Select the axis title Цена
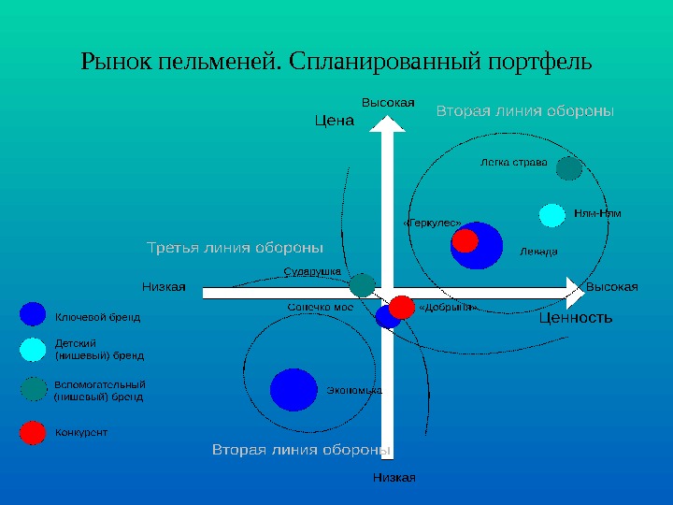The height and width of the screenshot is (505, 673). click(335, 120)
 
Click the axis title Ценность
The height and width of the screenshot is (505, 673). click(576, 318)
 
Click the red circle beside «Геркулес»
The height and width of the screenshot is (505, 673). click(464, 241)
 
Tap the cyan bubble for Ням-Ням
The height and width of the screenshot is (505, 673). click(552, 215)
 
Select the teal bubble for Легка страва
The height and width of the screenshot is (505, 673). click(569, 168)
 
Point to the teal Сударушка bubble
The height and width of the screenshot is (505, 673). click(362, 285)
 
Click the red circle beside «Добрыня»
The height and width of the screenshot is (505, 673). click(402, 307)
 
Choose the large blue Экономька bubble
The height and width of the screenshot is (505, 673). click(294, 390)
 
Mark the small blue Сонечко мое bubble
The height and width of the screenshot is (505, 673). click(386, 317)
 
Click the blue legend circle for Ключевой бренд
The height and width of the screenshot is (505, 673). click(33, 314)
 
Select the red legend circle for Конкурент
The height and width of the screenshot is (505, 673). click(33, 432)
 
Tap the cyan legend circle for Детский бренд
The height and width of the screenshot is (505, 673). click(33, 349)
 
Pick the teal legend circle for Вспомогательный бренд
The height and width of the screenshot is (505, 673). click(33, 388)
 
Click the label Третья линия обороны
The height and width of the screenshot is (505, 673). click(236, 248)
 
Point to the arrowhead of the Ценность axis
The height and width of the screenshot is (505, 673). click(571, 292)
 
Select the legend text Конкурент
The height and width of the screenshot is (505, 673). click(81, 433)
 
